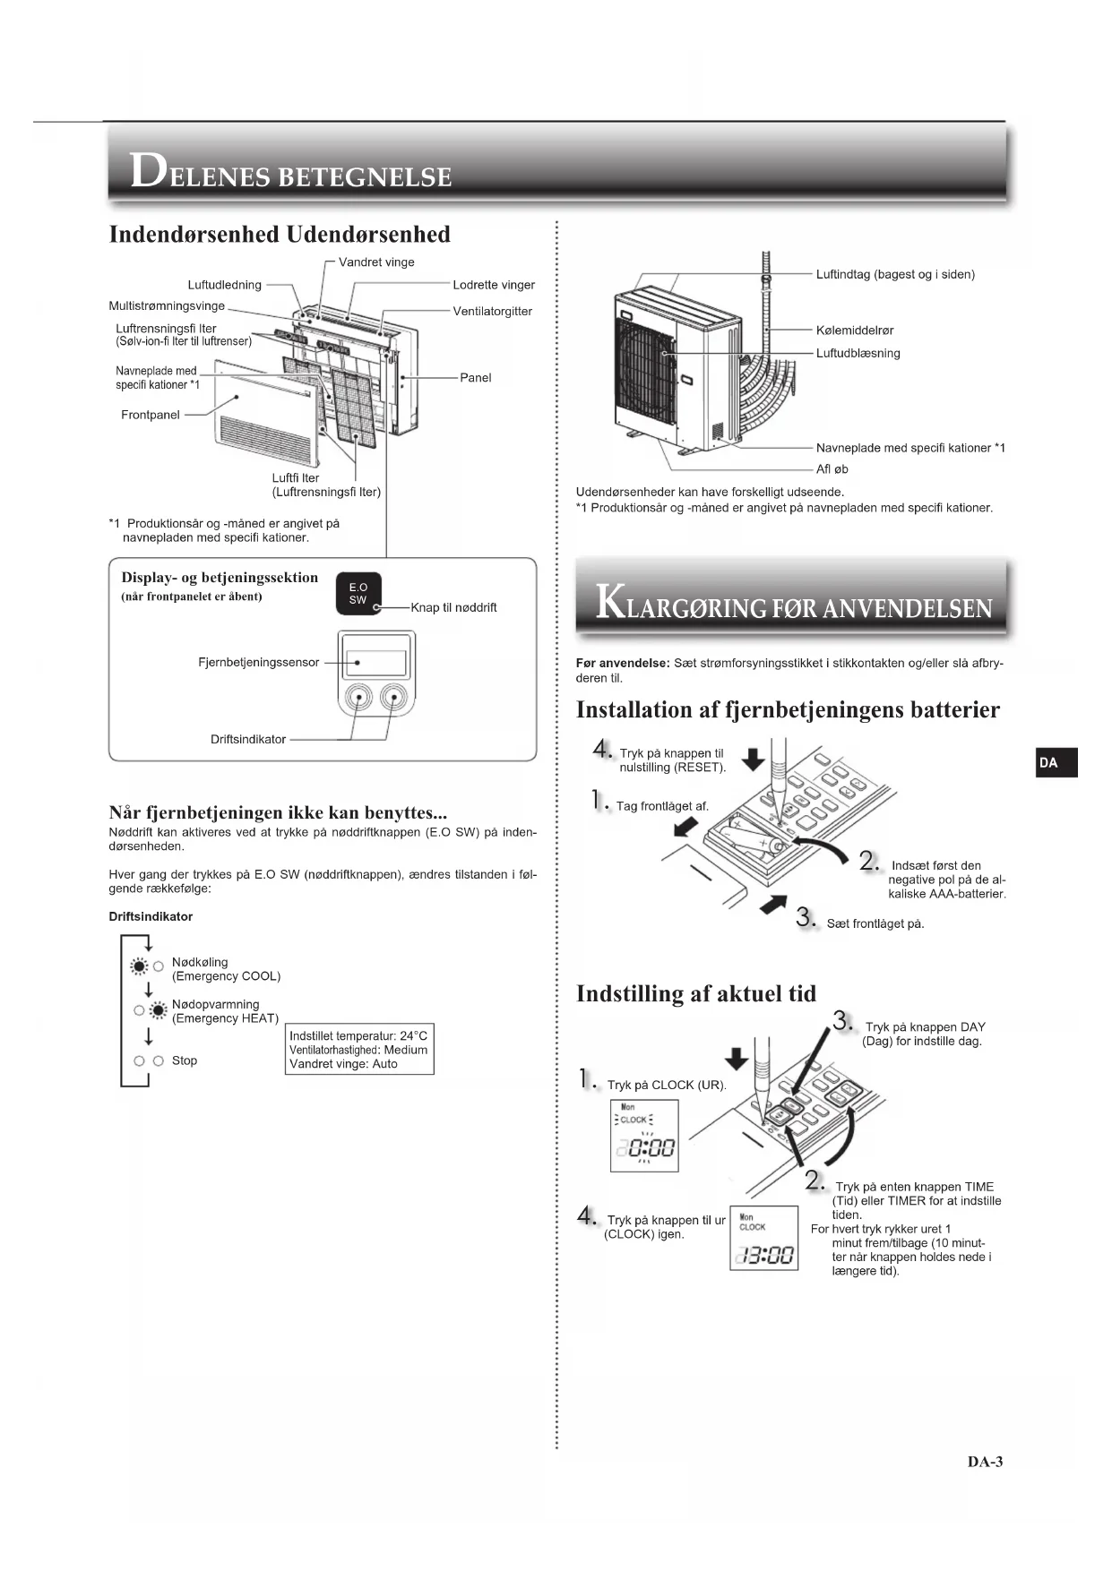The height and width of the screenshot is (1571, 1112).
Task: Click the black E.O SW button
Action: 358,594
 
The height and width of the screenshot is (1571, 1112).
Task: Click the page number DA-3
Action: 985,1462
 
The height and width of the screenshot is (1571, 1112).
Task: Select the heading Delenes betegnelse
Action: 291,172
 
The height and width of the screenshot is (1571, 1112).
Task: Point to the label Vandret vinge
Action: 376,262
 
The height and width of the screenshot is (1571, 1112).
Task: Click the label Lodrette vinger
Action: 493,285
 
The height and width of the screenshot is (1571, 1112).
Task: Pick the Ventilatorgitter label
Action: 492,311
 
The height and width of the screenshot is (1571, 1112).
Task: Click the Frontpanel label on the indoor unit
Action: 151,415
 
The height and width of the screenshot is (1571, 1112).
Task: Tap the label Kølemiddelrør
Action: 854,331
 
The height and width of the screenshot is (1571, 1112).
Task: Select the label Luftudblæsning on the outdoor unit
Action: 858,353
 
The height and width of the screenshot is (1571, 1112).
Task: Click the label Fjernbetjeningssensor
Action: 258,662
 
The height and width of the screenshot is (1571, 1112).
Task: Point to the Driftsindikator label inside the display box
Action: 248,739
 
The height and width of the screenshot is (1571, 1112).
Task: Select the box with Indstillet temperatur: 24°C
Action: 358,1050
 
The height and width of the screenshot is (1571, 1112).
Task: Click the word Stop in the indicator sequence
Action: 185,1060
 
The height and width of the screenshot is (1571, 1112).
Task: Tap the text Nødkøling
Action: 200,962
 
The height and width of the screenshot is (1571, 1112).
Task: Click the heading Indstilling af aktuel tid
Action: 696,993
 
